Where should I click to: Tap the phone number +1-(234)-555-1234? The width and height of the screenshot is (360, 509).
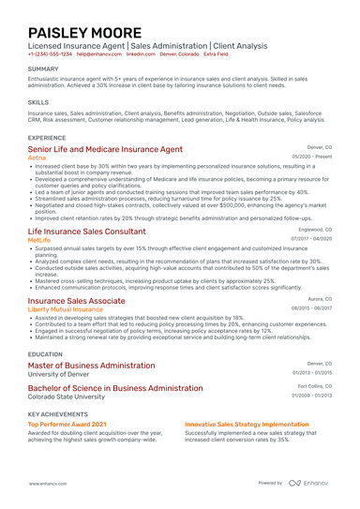[x=50, y=54]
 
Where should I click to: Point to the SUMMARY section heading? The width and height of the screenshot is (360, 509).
[x=43, y=69]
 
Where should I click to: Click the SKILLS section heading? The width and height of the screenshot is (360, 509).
[x=38, y=102]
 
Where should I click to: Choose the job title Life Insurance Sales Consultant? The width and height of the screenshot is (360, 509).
[x=87, y=231]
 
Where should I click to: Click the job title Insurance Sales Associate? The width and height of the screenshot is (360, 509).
[x=77, y=300]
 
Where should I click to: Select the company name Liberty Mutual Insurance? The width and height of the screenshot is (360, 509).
[x=67, y=308]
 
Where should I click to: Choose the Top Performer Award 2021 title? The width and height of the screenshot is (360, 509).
[x=67, y=423]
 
